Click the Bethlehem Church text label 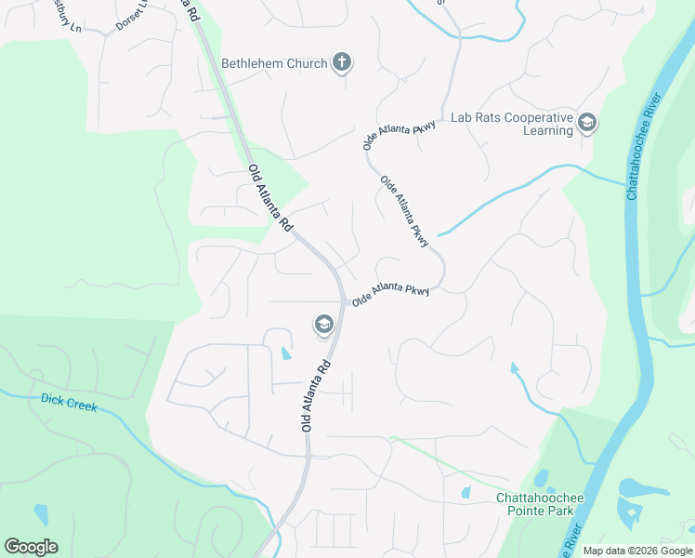(x=274, y=64)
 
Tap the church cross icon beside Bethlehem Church (x=342, y=63)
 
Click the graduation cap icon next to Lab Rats (x=587, y=122)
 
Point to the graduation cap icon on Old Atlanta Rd (x=323, y=325)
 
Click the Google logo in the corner (x=31, y=547)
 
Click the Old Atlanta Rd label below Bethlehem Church (x=271, y=198)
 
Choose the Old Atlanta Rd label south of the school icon (x=317, y=396)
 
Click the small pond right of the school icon (x=285, y=353)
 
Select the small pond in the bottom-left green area (x=41, y=514)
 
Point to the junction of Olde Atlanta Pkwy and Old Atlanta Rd (x=343, y=300)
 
